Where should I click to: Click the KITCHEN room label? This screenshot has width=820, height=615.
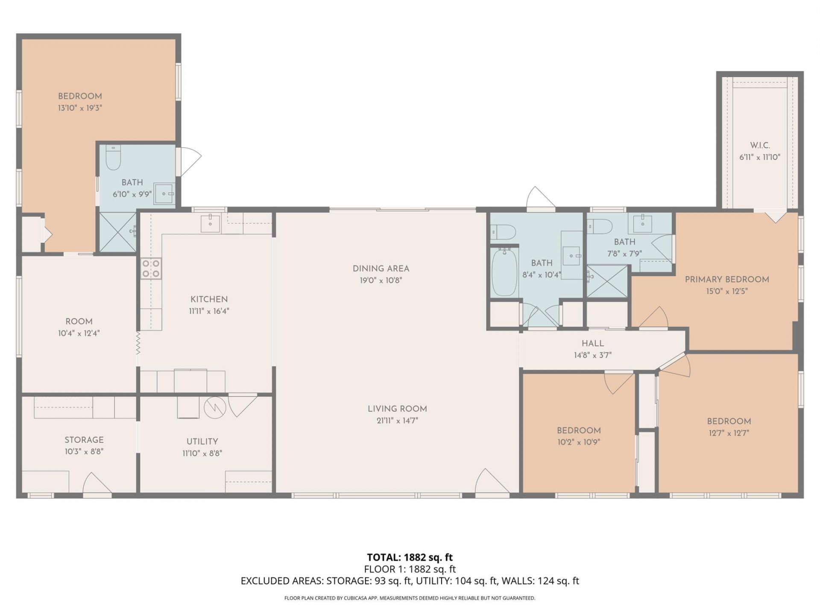pos(209,299)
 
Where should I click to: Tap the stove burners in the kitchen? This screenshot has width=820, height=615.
pos(151,269)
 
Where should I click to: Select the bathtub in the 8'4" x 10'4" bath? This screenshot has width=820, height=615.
pos(504,272)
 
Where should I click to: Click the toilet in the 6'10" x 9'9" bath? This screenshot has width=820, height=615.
pos(114,157)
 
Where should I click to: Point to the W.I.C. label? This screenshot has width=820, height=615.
pos(760,145)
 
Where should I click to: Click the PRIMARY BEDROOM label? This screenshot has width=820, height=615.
pos(727,279)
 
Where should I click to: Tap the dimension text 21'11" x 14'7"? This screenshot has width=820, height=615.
pos(397,421)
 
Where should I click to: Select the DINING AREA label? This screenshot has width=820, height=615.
pos(381,269)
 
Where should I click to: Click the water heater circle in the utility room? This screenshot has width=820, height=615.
pos(214,408)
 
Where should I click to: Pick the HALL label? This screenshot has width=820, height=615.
pos(592,343)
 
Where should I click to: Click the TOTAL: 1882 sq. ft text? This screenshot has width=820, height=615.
pos(410,557)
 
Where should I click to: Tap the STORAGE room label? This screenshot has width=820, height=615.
pos(84,440)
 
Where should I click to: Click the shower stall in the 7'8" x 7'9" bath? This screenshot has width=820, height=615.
pos(607,281)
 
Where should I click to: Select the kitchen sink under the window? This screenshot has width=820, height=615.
pos(210,223)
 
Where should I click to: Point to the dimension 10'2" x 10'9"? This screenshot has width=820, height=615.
pos(579,442)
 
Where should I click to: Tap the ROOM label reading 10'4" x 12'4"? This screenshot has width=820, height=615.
pos(79,322)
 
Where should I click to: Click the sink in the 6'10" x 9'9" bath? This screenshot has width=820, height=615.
pos(164,194)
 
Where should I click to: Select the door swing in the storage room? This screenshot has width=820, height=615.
pos(96,484)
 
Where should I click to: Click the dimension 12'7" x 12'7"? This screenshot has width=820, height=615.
pos(729,433)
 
